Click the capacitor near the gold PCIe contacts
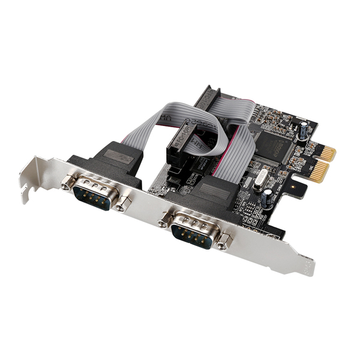click(x=306, y=129)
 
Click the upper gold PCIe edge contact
click(x=326, y=154)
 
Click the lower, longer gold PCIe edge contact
click(x=319, y=173)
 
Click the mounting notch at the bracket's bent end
click(x=24, y=191)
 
